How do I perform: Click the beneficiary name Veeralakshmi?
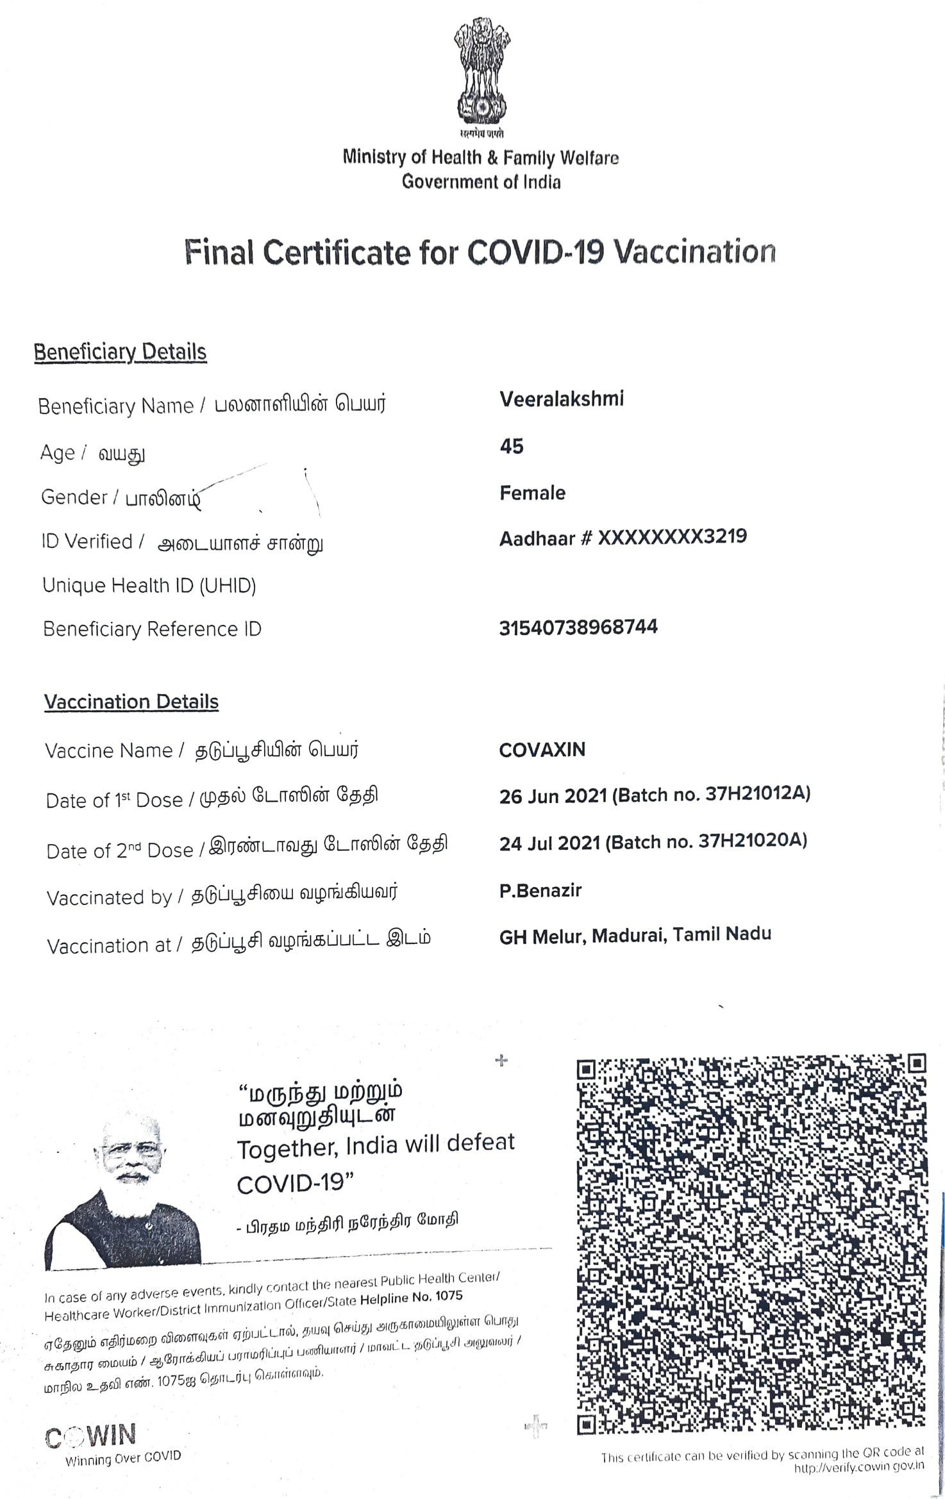pos(561,399)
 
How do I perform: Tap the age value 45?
pos(511,446)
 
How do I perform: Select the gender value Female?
pos(532,493)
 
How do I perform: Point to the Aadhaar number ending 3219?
pos(672,536)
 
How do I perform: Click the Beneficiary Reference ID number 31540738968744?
pos(578,627)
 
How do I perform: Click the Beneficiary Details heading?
pos(120,352)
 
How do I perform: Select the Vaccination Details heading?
pos(131,702)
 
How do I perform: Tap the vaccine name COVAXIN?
pos(542,749)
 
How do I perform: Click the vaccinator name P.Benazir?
pos(540,890)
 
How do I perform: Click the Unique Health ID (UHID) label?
pos(149,585)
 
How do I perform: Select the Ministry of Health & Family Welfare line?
pos(480,157)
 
